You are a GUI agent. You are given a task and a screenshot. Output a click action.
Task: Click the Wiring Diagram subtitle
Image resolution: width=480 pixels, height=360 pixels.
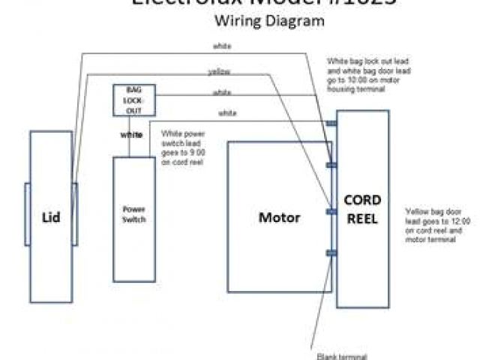click(x=268, y=22)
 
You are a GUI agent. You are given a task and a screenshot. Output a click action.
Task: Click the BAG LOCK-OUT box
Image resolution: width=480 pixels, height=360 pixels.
click(x=133, y=100)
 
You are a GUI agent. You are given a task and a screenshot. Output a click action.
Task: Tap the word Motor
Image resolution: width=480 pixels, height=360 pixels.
click(x=279, y=218)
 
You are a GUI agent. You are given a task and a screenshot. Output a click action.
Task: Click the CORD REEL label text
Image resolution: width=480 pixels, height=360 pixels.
click(x=362, y=209)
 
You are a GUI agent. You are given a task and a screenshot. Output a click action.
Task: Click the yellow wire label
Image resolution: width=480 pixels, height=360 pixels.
click(x=218, y=72)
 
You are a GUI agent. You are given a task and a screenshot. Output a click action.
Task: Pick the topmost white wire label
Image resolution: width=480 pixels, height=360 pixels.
click(x=222, y=46)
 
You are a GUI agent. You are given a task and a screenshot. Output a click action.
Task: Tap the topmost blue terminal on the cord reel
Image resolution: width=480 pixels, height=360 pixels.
click(x=331, y=122)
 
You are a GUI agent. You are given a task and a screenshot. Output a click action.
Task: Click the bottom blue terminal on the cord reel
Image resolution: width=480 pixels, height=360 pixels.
click(x=331, y=253)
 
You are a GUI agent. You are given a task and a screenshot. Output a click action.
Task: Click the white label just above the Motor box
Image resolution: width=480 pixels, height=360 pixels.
click(x=228, y=113)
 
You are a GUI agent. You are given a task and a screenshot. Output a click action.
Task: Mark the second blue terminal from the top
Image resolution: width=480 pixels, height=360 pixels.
click(x=331, y=165)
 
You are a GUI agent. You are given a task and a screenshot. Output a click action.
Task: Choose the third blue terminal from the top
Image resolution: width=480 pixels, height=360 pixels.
click(x=331, y=211)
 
